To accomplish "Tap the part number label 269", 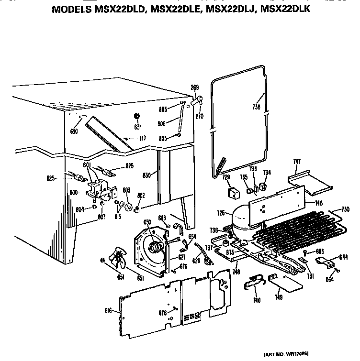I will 195,88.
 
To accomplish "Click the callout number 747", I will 297,162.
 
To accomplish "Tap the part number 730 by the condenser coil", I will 345,209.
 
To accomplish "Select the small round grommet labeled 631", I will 136,116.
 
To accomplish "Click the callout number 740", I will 257,300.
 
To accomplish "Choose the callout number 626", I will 196,261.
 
